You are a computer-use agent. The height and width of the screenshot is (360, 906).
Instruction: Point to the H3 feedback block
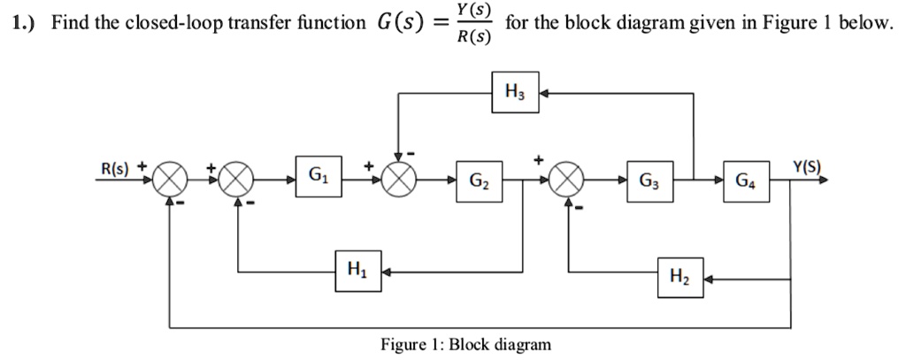tap(514, 91)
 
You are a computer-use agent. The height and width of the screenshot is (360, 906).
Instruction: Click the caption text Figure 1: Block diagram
tap(465, 344)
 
